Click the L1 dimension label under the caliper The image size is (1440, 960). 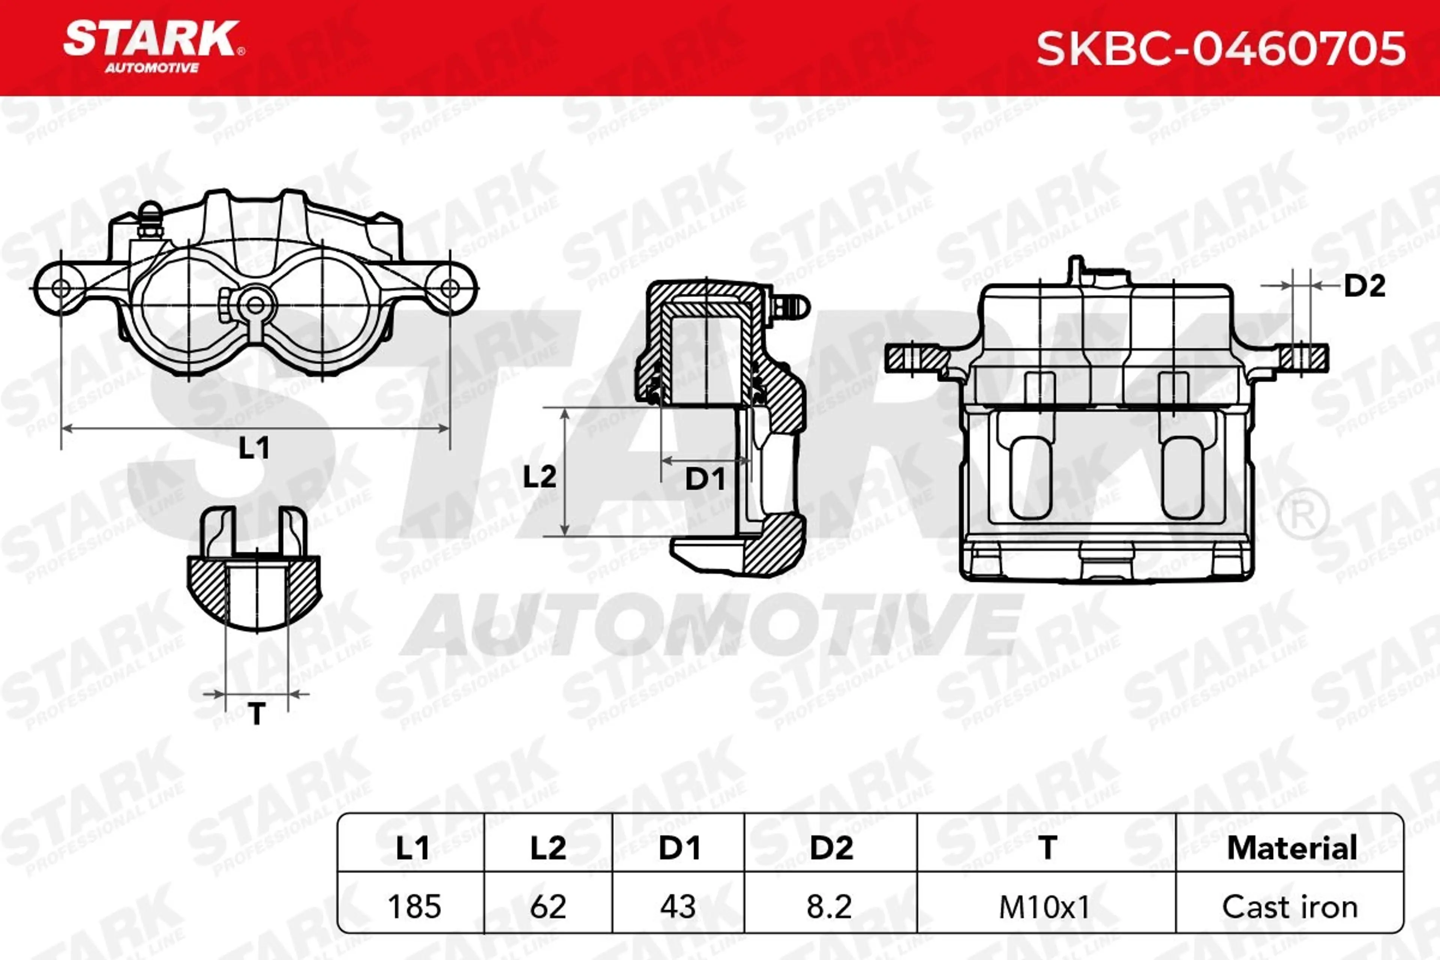pos(253,448)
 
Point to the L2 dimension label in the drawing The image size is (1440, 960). pos(539,476)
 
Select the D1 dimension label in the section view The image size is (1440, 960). pos(705,479)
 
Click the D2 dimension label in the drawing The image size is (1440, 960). pos(1365,286)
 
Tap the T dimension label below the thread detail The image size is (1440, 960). pos(257,713)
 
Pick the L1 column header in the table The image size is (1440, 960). pos(412,848)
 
